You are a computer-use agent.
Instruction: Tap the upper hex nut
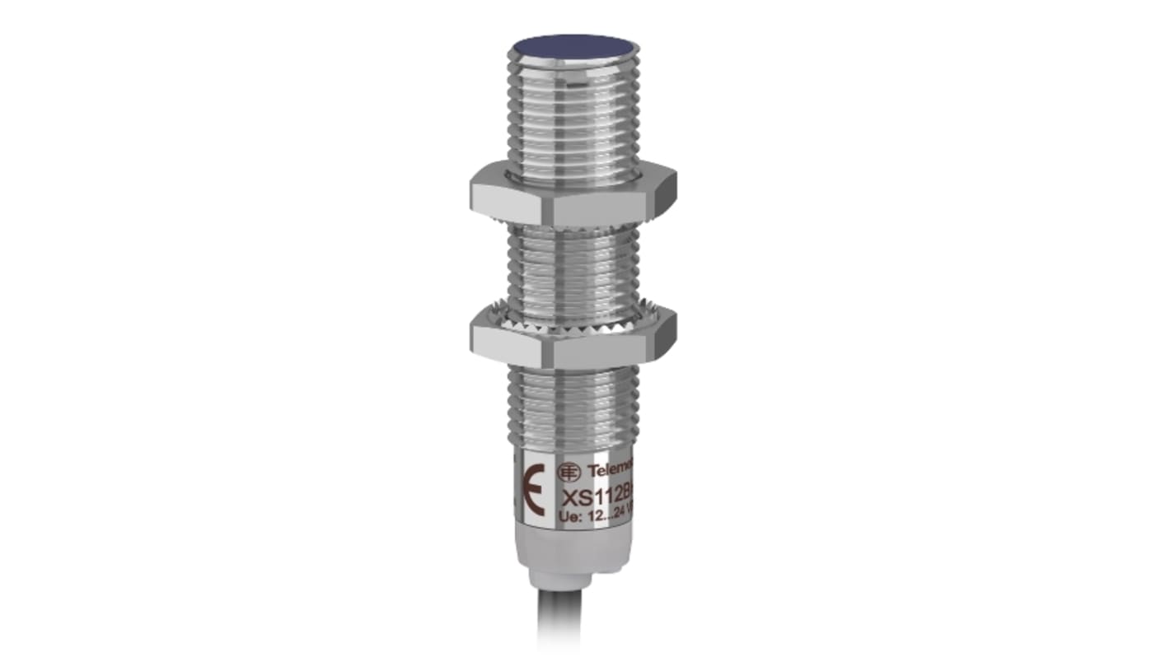coord(573,196)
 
